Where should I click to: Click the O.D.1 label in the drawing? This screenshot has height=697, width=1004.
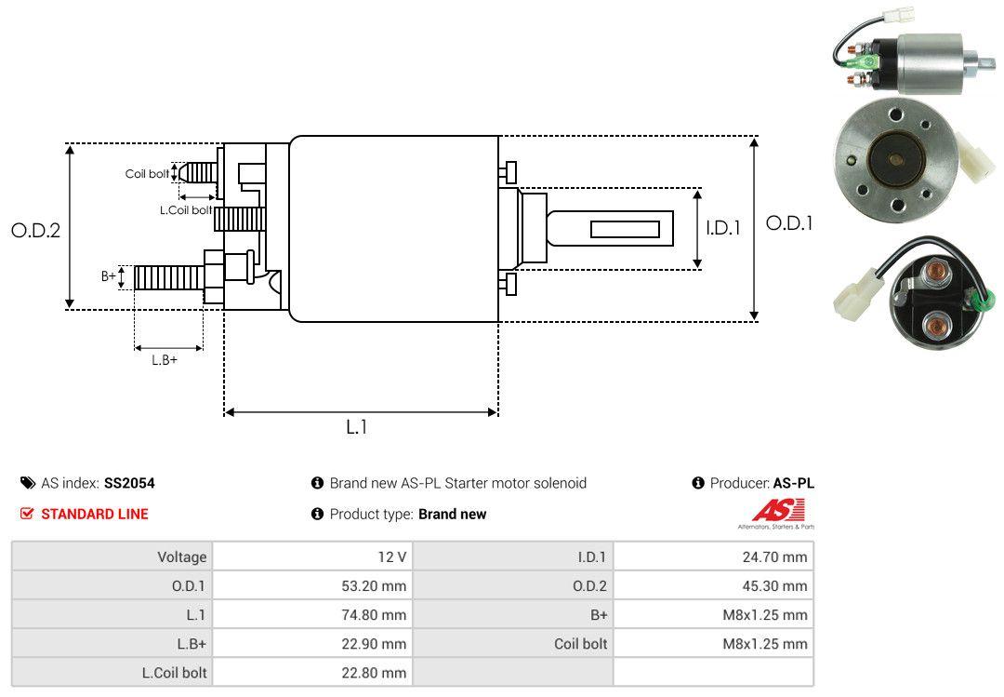point(788,223)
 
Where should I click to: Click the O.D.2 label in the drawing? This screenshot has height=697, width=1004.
point(35,230)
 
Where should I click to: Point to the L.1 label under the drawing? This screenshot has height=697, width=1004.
point(357,427)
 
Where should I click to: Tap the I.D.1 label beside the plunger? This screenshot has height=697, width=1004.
point(722,227)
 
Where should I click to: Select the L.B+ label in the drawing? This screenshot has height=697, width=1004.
point(165,360)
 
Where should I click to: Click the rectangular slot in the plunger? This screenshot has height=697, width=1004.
point(625,229)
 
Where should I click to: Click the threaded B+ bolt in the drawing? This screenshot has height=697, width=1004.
point(168,277)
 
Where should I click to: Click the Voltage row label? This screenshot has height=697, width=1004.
point(181,557)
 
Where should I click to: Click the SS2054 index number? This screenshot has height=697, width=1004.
point(129,483)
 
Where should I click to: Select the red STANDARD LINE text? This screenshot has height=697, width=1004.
point(94,514)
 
